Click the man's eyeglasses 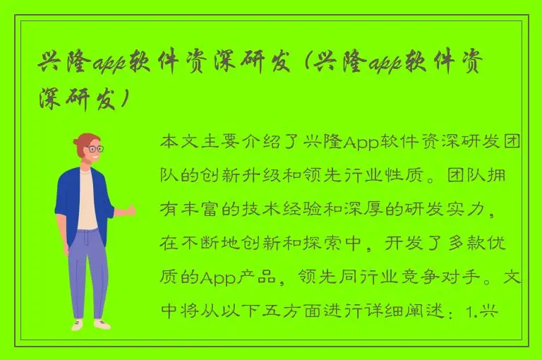click(x=94, y=149)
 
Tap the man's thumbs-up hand click(x=128, y=210)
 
